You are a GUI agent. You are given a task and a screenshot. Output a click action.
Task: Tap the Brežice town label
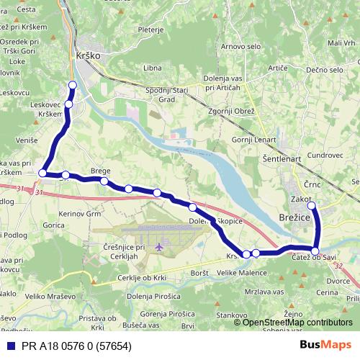click(x=294, y=204)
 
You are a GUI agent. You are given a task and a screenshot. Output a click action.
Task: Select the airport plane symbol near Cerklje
click(x=159, y=248)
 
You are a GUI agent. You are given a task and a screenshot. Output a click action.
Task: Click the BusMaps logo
click(x=326, y=345)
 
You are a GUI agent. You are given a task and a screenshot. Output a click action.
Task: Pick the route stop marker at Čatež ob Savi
click(x=315, y=251)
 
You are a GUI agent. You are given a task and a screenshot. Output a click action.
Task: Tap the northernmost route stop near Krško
click(x=72, y=86)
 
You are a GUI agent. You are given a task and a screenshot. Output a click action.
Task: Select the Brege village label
click(x=100, y=171)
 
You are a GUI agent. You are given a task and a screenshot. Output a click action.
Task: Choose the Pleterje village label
click(x=151, y=31)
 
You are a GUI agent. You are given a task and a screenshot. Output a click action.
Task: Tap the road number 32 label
click(x=338, y=266)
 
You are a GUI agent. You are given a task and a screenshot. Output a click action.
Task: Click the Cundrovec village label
click(x=324, y=155)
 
